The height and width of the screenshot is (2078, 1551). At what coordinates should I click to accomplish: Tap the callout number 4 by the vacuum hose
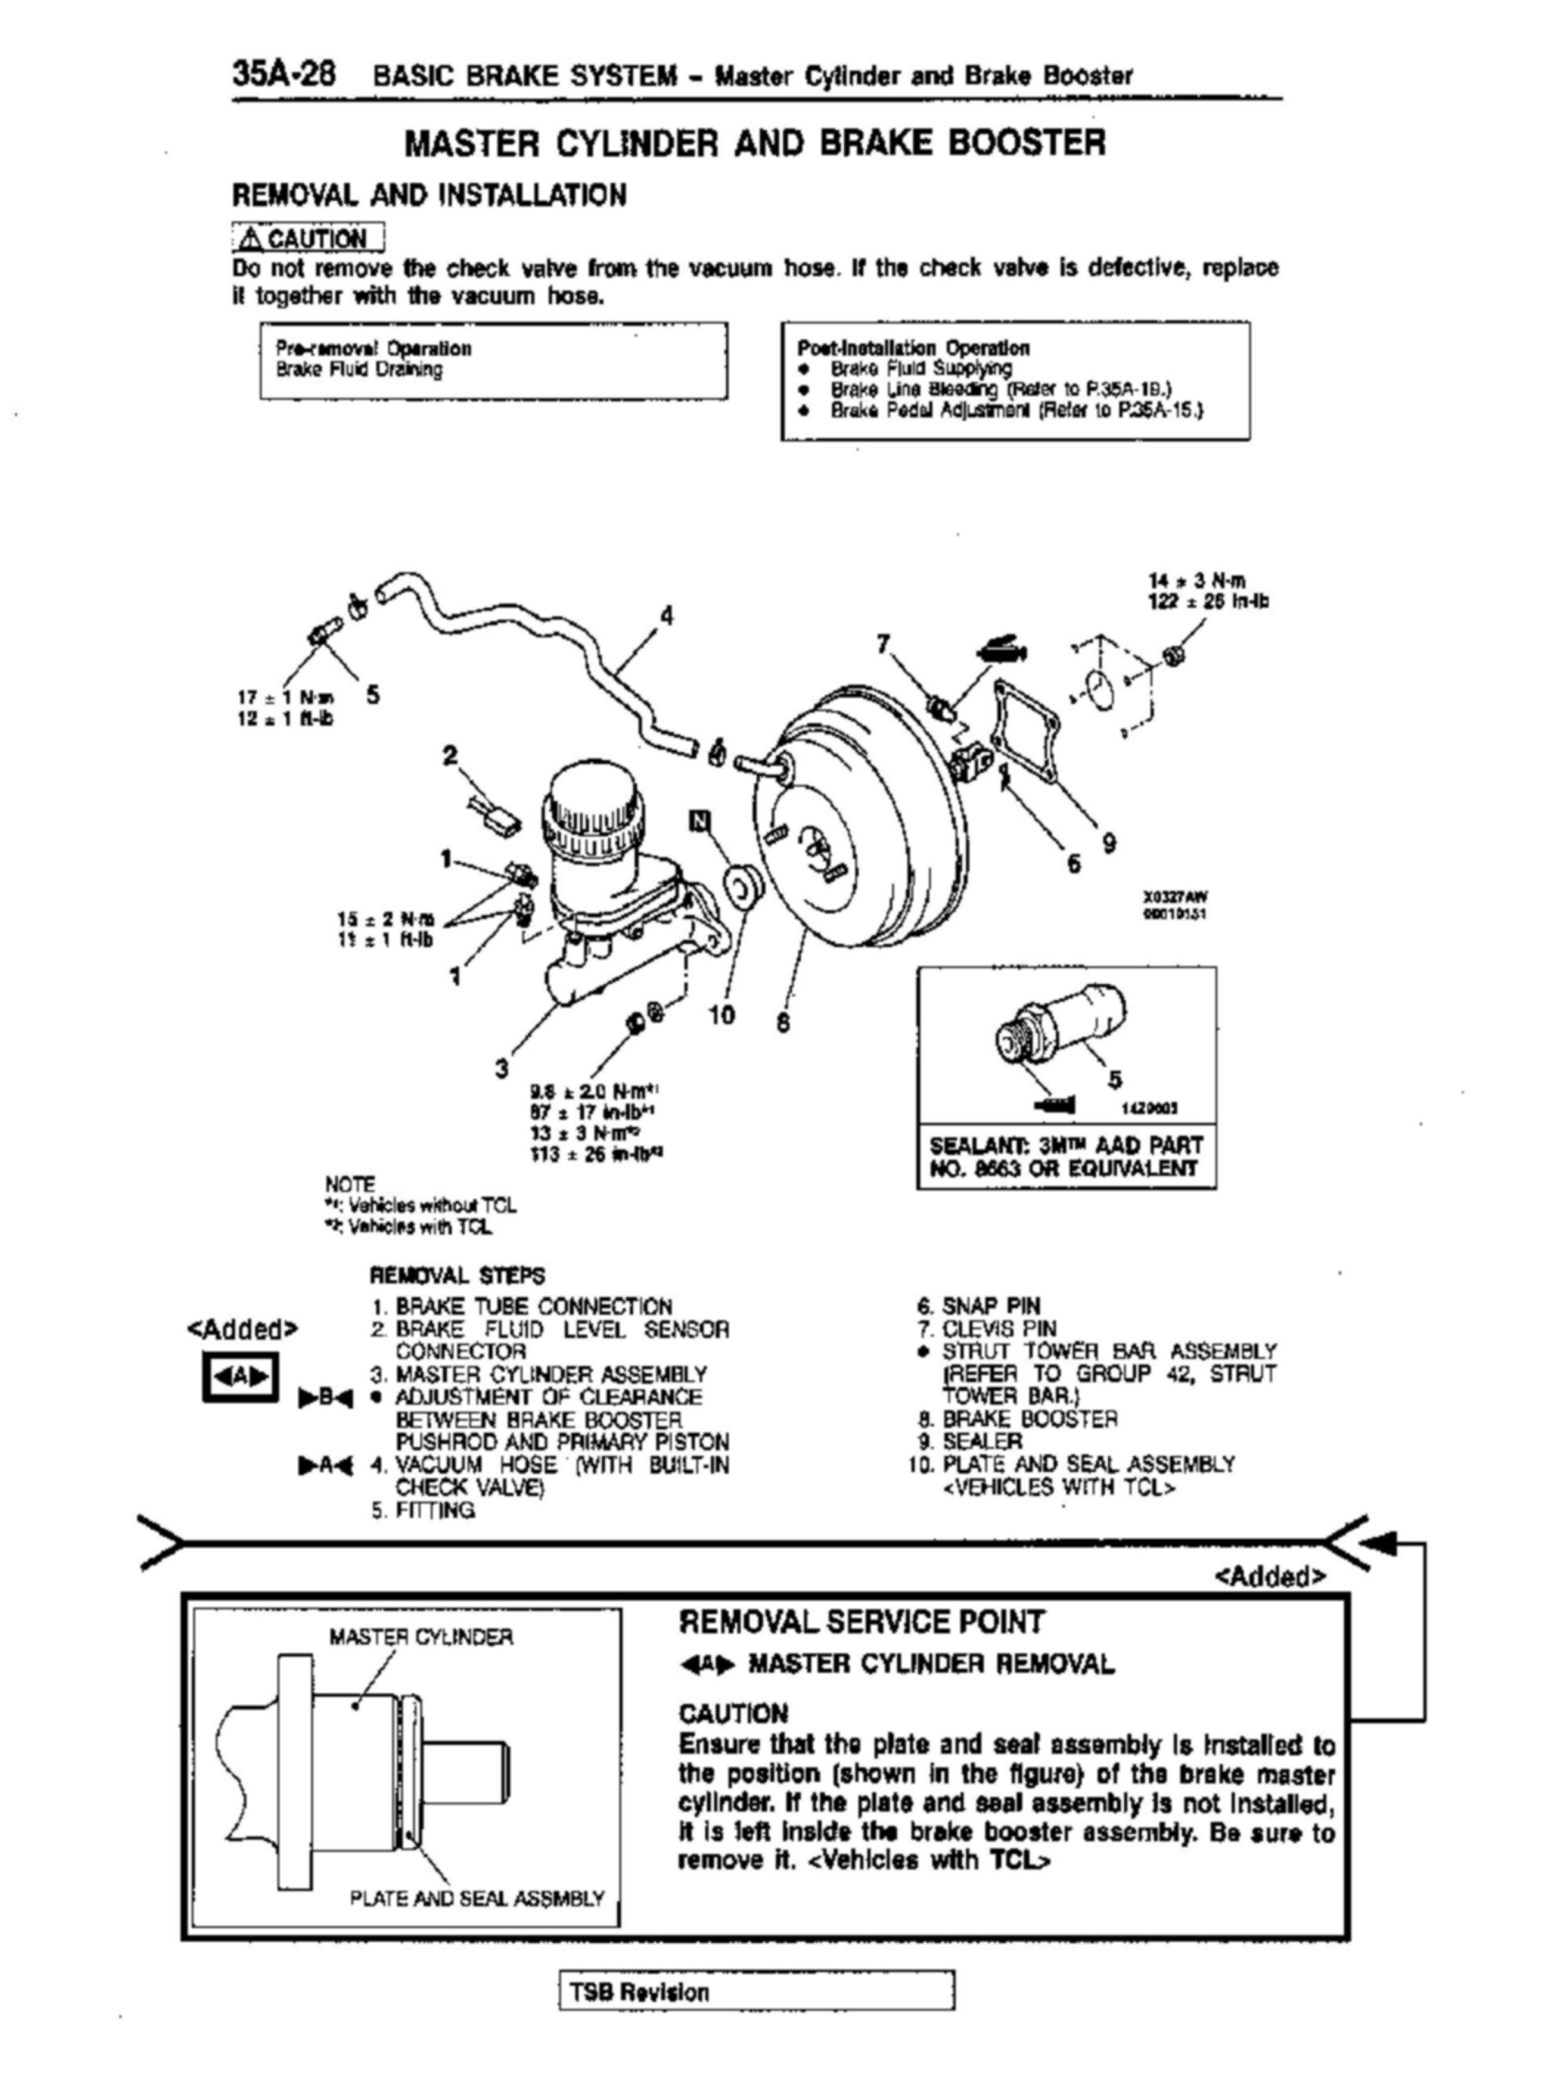667,616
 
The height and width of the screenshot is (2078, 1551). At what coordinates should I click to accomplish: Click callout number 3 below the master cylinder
502,1067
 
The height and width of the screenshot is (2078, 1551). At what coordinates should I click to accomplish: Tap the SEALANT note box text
1066,1157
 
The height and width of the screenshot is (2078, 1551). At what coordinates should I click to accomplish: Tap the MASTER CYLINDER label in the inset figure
420,1637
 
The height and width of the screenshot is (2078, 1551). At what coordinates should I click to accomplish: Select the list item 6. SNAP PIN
979,1306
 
